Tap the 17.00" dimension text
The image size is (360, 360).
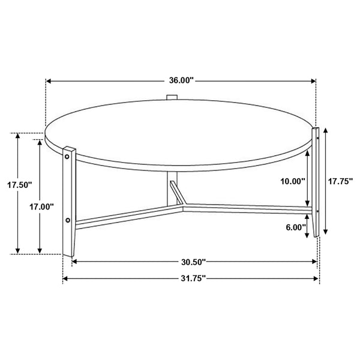[42, 207]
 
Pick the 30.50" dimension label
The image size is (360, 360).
[194, 261]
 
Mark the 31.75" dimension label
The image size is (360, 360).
[193, 278]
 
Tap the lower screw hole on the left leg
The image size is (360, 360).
[68, 220]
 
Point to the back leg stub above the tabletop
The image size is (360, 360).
[172, 97]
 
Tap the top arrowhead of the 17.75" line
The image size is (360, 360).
[326, 130]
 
